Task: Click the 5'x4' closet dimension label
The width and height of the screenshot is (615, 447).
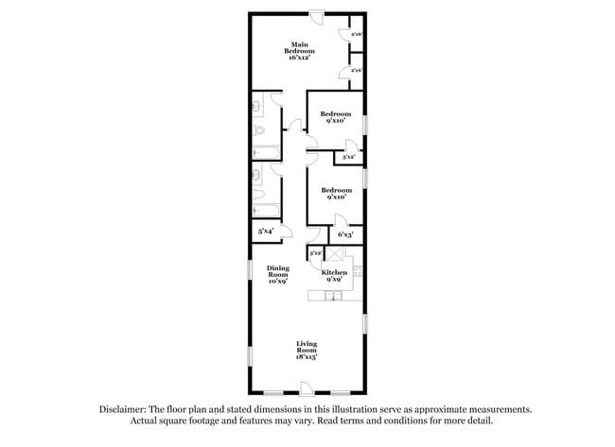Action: click(266, 231)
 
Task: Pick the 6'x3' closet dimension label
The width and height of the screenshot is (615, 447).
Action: click(346, 233)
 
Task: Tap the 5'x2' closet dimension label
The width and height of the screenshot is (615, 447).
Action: click(349, 157)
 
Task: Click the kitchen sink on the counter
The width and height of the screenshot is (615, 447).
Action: click(334, 297)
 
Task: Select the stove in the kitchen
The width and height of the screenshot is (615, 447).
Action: click(360, 272)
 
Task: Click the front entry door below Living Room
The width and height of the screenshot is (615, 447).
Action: click(306, 387)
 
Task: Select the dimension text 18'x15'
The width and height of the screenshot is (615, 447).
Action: click(307, 357)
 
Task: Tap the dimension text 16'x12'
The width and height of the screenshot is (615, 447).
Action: click(301, 59)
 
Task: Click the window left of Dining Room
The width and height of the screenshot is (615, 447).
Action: click(250, 274)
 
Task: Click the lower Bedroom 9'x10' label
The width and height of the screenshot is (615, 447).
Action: click(335, 193)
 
